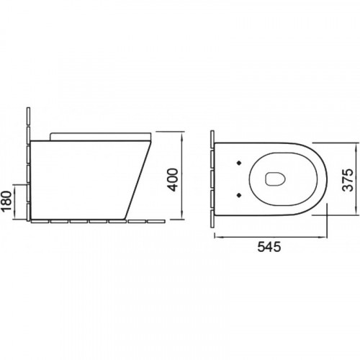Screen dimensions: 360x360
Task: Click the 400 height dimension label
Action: pos(174,180)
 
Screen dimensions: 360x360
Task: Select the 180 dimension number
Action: pos(6,201)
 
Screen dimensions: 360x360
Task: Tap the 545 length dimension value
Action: pos(269,247)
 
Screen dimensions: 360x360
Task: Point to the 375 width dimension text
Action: pos(348,180)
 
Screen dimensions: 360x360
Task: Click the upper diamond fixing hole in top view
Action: pos(239,163)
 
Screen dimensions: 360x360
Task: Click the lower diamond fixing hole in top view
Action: pos(239,195)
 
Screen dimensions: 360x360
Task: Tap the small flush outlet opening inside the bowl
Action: pos(276,179)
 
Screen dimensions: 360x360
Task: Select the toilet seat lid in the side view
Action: pos(101,136)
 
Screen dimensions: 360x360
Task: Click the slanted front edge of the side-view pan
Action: pos(138,180)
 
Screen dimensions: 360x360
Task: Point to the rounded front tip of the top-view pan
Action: pos(327,179)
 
